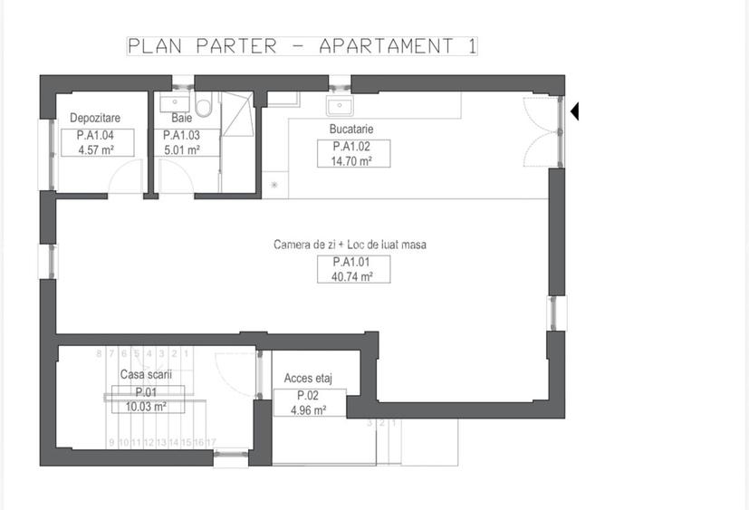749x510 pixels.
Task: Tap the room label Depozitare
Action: pyautogui.click(x=95, y=118)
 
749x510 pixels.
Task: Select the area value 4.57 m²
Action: pyautogui.click(x=95, y=150)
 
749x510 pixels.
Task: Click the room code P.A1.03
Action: pyautogui.click(x=181, y=136)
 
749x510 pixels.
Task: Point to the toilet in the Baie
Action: pyautogui.click(x=204, y=108)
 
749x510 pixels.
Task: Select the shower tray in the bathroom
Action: pyautogui.click(x=239, y=115)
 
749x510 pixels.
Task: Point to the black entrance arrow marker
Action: pyautogui.click(x=574, y=111)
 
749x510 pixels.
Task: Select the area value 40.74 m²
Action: pyautogui.click(x=354, y=277)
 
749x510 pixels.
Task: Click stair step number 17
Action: pyautogui.click(x=210, y=442)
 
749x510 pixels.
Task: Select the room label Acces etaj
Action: pyautogui.click(x=308, y=378)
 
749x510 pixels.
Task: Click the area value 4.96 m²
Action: pyautogui.click(x=308, y=410)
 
